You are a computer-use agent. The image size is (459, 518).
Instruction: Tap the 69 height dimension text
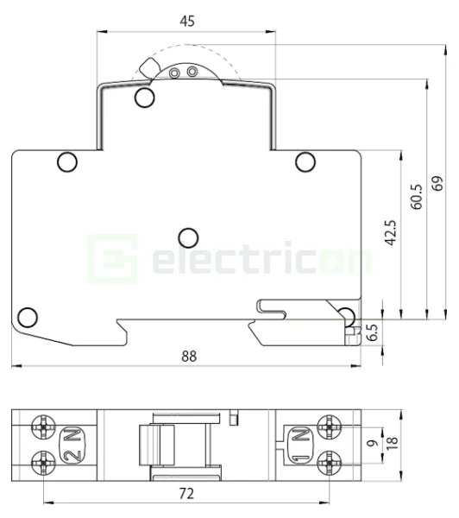pos(437,184)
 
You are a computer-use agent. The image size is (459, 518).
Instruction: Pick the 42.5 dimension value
pos(390,233)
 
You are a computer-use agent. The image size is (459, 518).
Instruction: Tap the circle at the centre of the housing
pos(186,236)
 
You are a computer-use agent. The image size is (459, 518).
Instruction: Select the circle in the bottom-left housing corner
pos(27,315)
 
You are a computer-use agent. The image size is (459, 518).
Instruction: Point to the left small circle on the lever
pos(175,73)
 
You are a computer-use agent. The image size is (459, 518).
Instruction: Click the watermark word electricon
pos(259,258)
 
